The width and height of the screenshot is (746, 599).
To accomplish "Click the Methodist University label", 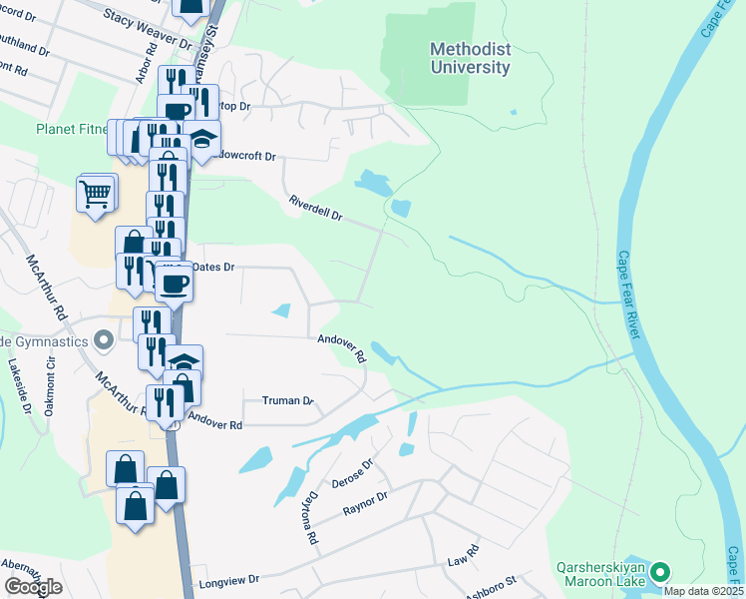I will pyautogui.click(x=470, y=58).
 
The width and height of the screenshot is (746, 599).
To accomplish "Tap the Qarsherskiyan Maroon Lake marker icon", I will pyautogui.click(x=660, y=573).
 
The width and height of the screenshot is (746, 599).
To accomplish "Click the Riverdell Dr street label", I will pyautogui.click(x=315, y=208).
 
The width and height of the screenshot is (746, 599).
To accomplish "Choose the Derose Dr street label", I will pyautogui.click(x=354, y=469).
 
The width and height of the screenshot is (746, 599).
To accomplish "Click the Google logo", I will pyautogui.click(x=33, y=587).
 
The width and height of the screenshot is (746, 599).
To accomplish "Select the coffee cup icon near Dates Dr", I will pyautogui.click(x=175, y=284).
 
